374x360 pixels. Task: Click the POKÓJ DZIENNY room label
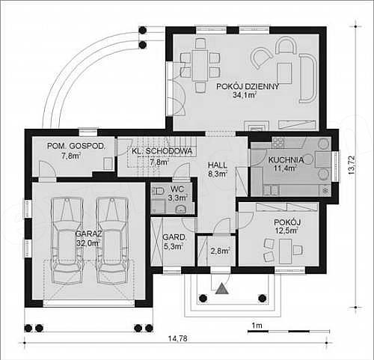click(x=248, y=87)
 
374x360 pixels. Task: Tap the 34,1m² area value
click(x=245, y=94)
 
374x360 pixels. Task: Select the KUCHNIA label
click(x=286, y=160)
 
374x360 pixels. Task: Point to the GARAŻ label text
click(x=89, y=234)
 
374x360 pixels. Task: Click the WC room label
click(x=177, y=189)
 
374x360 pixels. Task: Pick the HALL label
click(x=218, y=165)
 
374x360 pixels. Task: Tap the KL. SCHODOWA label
click(x=162, y=151)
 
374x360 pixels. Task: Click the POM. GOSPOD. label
click(x=76, y=146)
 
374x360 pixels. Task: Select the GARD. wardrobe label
click(x=174, y=237)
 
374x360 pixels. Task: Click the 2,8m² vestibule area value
click(x=220, y=251)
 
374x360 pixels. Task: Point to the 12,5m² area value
click(x=286, y=230)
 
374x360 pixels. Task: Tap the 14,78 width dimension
click(x=177, y=338)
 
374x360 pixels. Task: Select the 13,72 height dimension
click(x=352, y=165)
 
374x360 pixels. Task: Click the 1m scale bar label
click(x=257, y=326)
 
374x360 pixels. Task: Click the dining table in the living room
click(x=200, y=65)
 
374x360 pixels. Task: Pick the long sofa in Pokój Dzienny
click(x=308, y=79)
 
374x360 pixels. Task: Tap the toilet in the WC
click(x=159, y=192)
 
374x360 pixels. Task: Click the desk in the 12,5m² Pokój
click(x=286, y=251)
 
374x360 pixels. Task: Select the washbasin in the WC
click(x=181, y=209)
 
